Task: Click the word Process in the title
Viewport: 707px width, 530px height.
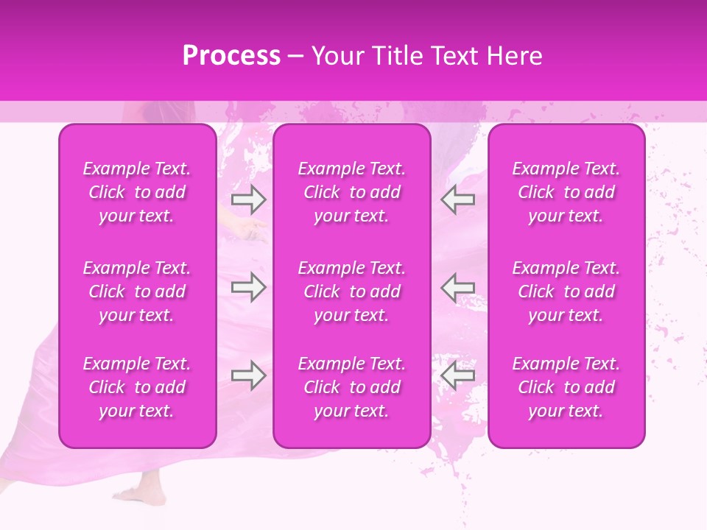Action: click(x=231, y=56)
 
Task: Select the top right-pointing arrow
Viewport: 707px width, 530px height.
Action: click(x=248, y=199)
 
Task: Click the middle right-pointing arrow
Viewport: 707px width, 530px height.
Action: click(x=248, y=287)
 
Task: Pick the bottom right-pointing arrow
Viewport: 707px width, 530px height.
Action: click(x=248, y=375)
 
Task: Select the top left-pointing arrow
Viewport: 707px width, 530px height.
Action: click(x=457, y=199)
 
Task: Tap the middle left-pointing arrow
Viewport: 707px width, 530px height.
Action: click(x=457, y=287)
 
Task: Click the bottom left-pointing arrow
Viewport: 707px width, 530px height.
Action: click(x=457, y=375)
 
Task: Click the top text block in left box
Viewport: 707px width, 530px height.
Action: click(x=137, y=192)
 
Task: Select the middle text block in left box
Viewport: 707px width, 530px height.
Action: click(x=137, y=291)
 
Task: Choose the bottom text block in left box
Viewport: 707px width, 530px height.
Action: click(x=137, y=387)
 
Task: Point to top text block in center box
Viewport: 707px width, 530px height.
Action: click(x=352, y=192)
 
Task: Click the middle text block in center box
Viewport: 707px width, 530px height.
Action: click(x=352, y=291)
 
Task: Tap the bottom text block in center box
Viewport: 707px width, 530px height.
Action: click(x=352, y=387)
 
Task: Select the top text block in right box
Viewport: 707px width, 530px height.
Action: click(x=566, y=192)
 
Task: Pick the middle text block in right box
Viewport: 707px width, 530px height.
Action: click(x=566, y=291)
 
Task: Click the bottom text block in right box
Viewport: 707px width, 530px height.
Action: click(x=566, y=387)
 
